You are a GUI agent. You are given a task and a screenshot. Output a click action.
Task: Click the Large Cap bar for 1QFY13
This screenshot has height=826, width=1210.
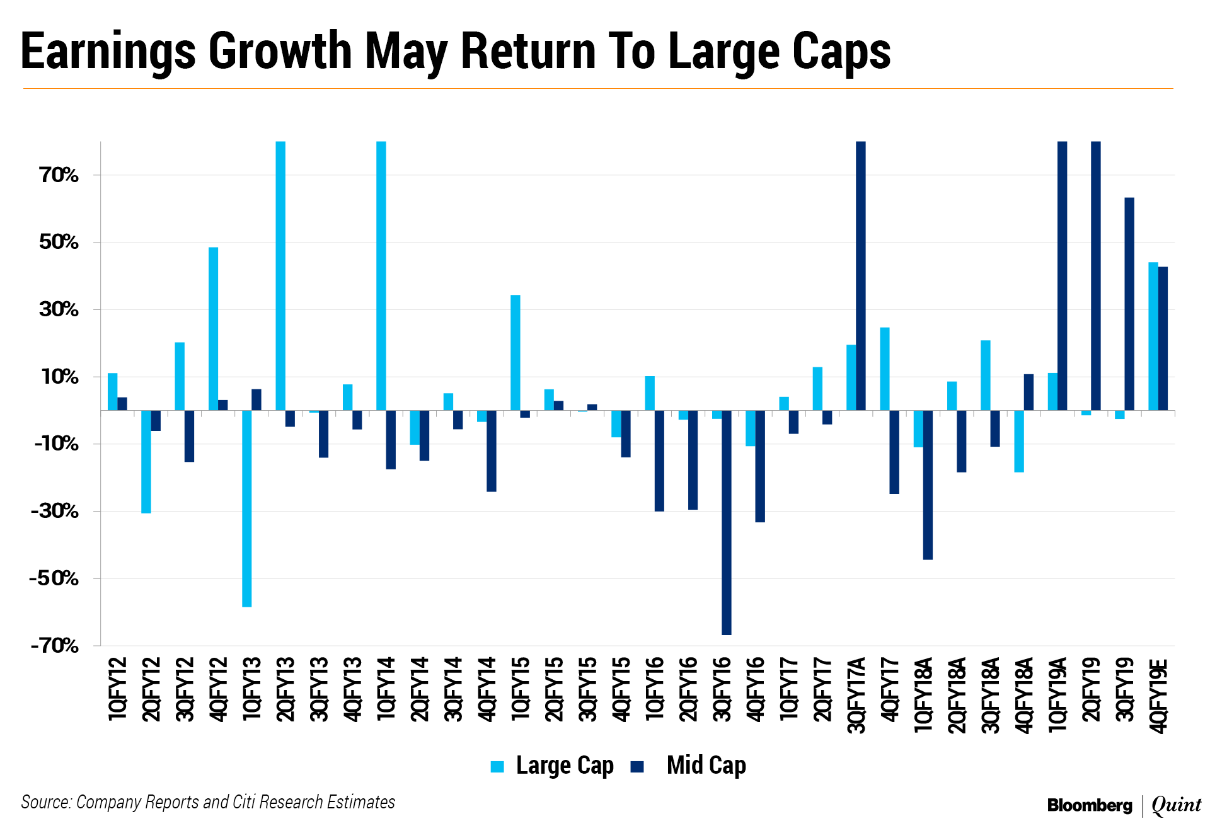click(x=247, y=508)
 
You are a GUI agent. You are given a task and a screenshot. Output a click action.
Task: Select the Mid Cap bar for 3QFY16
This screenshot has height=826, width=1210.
click(x=727, y=522)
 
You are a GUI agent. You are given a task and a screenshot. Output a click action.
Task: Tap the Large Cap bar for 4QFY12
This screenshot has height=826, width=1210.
click(x=214, y=328)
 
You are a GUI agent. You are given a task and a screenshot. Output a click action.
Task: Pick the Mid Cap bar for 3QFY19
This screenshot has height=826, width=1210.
click(x=1129, y=304)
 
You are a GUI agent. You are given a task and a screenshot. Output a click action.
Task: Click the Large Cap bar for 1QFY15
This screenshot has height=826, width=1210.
click(x=516, y=352)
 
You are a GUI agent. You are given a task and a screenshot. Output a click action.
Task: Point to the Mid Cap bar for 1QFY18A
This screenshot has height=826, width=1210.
click(x=928, y=485)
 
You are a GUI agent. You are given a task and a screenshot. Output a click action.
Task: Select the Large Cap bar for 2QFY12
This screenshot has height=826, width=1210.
click(x=146, y=461)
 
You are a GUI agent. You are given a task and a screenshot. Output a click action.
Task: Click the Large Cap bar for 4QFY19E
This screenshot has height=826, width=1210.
click(x=1153, y=336)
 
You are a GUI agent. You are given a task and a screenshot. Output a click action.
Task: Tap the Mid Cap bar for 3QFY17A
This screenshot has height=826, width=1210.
click(x=861, y=276)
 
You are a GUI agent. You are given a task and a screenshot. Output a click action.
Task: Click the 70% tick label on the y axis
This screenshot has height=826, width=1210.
click(x=59, y=175)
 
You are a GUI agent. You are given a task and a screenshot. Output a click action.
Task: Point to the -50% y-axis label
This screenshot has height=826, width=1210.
click(x=54, y=578)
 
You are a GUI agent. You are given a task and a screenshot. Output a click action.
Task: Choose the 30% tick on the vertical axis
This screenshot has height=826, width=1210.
click(x=59, y=309)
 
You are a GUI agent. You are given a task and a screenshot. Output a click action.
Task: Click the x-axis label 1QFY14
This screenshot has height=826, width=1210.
click(x=386, y=688)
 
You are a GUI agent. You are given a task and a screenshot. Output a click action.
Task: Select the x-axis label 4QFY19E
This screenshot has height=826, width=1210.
click(x=1158, y=696)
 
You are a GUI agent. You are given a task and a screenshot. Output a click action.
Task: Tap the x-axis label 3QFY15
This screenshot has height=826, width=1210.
click(x=587, y=688)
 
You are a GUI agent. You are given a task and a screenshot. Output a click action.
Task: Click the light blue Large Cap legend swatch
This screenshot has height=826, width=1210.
click(x=498, y=767)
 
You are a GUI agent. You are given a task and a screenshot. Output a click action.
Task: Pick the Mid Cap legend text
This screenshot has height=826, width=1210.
click(x=706, y=766)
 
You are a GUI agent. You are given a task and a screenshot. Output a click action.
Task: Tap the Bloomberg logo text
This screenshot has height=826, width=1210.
click(x=1090, y=805)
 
